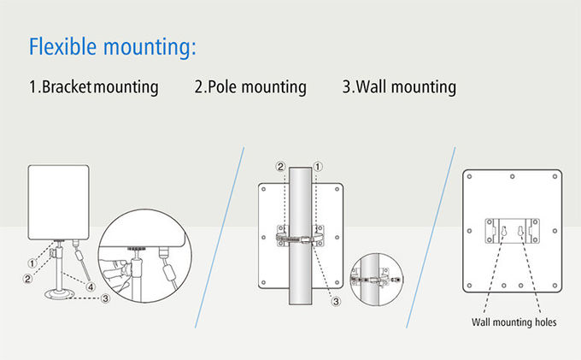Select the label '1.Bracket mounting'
(93, 87)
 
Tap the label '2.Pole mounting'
(250, 87)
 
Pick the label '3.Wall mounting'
(399, 87)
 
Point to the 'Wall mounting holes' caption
(514, 322)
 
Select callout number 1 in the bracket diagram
(32, 263)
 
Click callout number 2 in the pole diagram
(279, 166)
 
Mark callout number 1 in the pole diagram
(318, 166)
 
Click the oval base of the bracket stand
(58, 295)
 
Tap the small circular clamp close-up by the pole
(374, 279)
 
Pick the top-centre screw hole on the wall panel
(511, 177)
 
